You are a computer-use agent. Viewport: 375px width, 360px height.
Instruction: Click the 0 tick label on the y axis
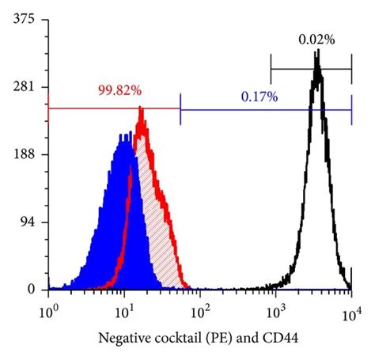32,290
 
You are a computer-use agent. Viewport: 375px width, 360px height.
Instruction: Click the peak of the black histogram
316,52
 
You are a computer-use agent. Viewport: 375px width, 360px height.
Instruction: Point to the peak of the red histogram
141,108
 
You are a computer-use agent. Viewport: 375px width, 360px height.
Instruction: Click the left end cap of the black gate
271,68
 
